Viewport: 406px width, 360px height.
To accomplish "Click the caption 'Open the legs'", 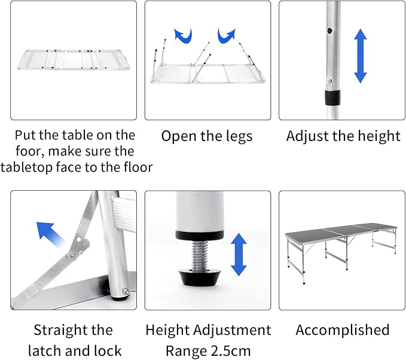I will (207, 136).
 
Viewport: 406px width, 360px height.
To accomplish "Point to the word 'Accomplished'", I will (342, 330).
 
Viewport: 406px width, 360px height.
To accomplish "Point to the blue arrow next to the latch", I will (50, 234).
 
